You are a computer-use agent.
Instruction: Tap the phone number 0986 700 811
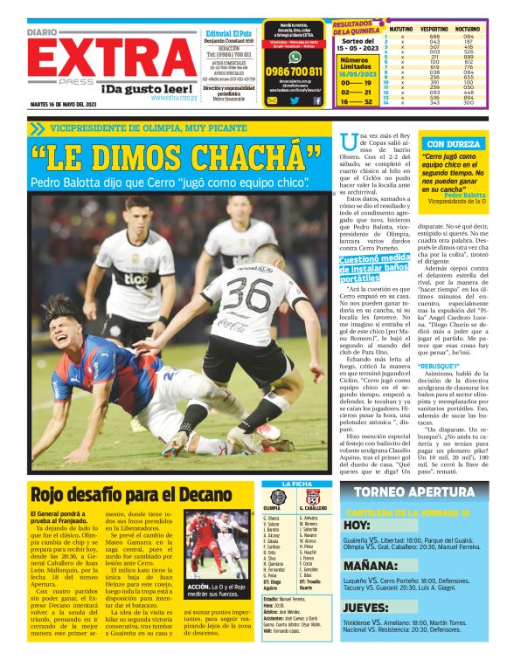pos(294,72)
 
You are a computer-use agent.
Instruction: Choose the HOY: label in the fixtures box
pos(358,526)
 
